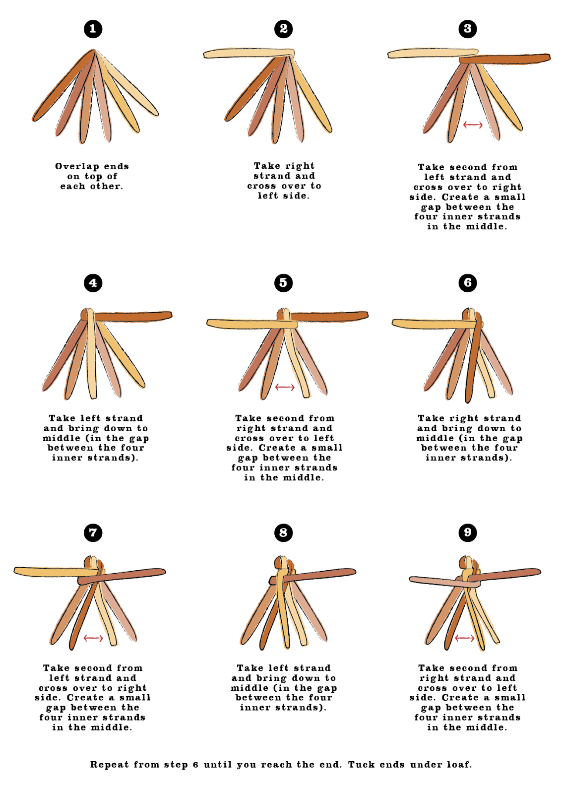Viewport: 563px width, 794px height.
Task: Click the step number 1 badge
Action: coord(93,29)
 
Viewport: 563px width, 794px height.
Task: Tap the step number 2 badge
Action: coord(283,29)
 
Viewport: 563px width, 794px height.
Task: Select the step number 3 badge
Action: coord(467,29)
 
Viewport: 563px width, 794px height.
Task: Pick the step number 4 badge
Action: coord(93,283)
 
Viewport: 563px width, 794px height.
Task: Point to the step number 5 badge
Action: coord(283,283)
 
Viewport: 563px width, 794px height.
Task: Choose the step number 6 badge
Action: coord(467,283)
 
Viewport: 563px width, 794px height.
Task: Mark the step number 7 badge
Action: coord(93,533)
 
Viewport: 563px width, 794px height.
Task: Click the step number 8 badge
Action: coord(283,533)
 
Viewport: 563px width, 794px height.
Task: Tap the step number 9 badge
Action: coord(467,533)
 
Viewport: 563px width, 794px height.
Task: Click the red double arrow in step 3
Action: coord(473,125)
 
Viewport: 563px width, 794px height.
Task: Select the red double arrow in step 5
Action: coord(285,387)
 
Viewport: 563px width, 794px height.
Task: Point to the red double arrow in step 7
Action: coord(93,638)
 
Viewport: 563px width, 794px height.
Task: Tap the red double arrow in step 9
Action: coord(464,638)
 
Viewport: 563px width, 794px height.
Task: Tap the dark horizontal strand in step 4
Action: coord(134,316)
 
